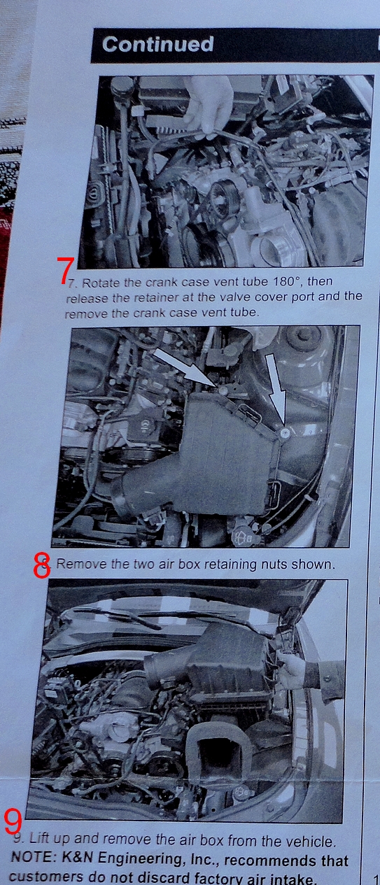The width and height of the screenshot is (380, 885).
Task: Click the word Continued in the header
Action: click(x=158, y=44)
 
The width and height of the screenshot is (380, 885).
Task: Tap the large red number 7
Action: click(x=65, y=270)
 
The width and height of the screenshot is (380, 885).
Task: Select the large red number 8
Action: click(x=41, y=565)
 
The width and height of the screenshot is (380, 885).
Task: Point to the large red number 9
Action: click(x=13, y=821)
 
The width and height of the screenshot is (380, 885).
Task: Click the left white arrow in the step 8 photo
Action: click(x=183, y=367)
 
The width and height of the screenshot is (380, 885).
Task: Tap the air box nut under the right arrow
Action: click(x=285, y=434)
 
